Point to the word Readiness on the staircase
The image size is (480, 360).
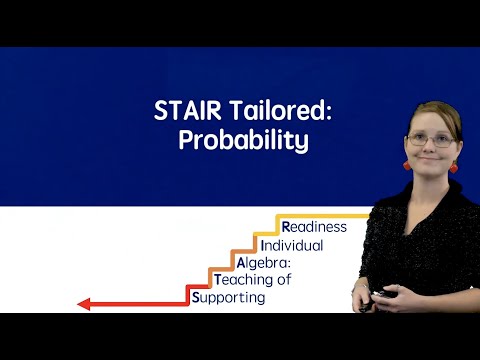[x=315, y=226]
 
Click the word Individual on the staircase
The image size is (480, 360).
[x=291, y=245]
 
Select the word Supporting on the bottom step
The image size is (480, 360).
[x=228, y=297]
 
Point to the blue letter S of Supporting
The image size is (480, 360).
[x=195, y=297]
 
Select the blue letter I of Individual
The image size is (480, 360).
[x=261, y=245]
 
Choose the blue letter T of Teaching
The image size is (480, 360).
[x=218, y=280]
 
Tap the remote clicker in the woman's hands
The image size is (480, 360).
[x=381, y=295]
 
